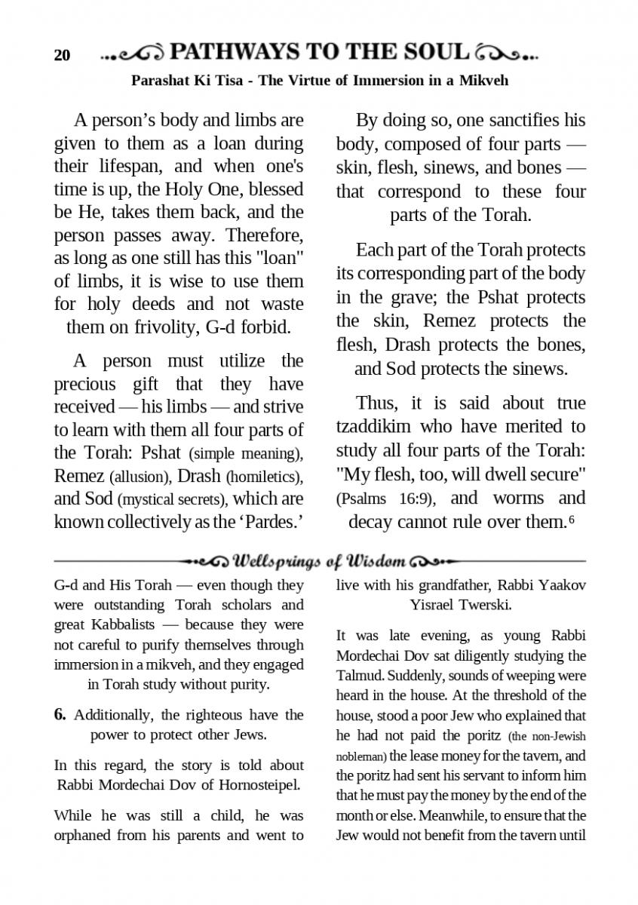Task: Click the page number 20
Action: coord(62,56)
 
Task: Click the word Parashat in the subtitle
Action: coord(161,81)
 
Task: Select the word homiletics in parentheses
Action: coord(263,477)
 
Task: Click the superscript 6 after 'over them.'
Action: coord(572,519)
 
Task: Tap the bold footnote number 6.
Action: coord(60,714)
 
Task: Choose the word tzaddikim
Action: coord(374,426)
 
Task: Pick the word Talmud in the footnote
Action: coord(358,676)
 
